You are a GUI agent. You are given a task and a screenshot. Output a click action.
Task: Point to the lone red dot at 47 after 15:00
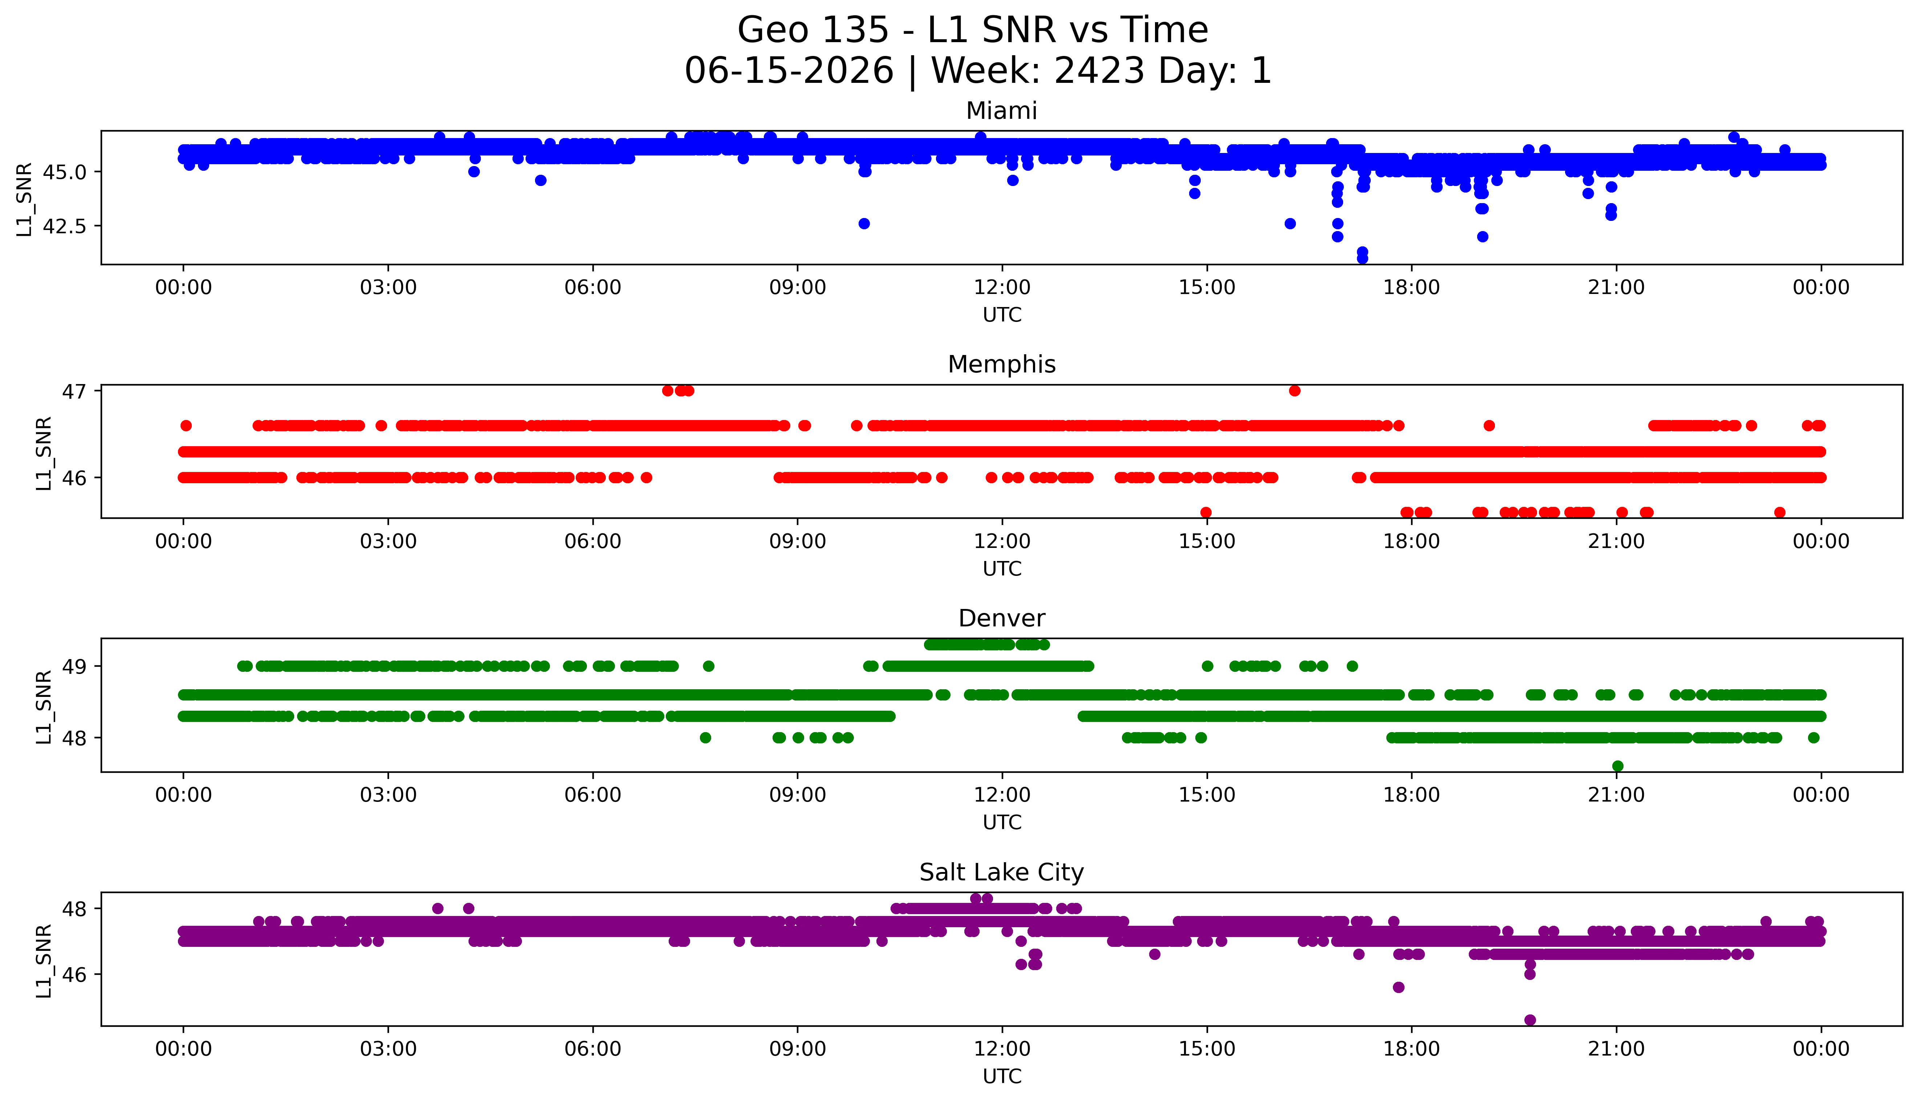pyautogui.click(x=1294, y=391)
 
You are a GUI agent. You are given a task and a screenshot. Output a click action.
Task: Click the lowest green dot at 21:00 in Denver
pyautogui.click(x=1617, y=766)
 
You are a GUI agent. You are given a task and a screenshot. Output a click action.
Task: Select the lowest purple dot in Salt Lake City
pyautogui.click(x=1530, y=1020)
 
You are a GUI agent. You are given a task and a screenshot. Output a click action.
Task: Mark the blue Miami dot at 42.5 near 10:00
pyautogui.click(x=864, y=224)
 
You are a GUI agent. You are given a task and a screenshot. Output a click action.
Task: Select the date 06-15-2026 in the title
pyautogui.click(x=789, y=71)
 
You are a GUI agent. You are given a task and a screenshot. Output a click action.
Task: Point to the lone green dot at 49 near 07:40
pyautogui.click(x=708, y=666)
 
